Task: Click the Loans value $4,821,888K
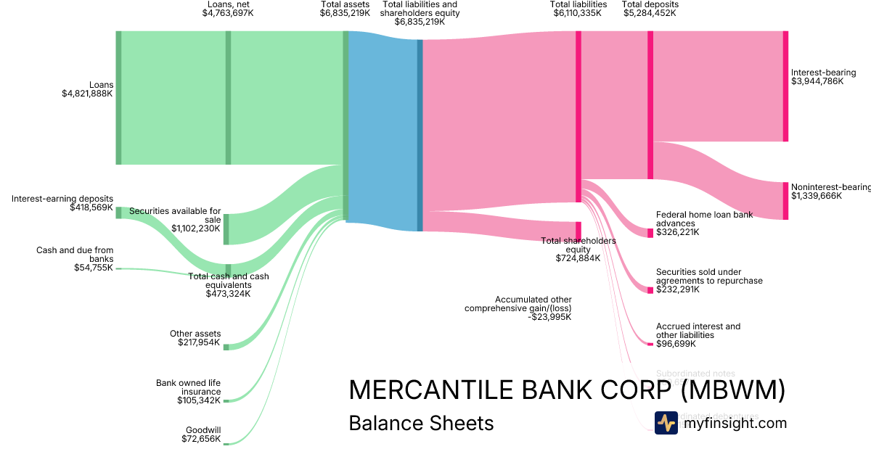point(87,94)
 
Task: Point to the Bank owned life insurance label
point(188,387)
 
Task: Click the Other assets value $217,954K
point(198,342)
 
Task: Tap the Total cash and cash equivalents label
point(228,281)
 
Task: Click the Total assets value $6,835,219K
point(345,13)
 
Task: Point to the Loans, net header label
point(229,4)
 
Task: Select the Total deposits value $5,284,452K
point(650,13)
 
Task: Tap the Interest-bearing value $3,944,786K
point(817,81)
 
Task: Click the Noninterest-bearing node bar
point(785,201)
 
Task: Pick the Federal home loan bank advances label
point(704,219)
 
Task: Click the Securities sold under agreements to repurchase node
point(650,290)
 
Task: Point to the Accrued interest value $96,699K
point(678,345)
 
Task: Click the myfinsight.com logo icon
point(666,423)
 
